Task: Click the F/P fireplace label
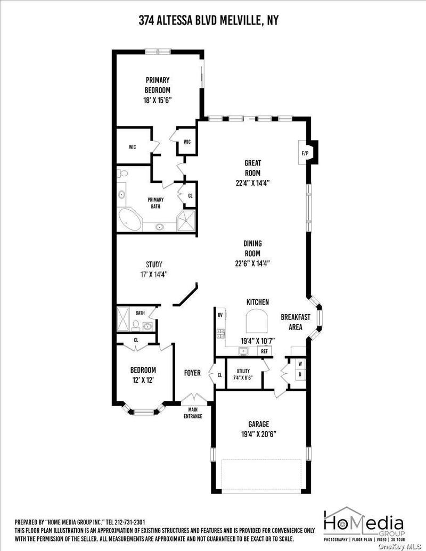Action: click(305, 153)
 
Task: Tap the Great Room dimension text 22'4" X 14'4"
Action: click(253, 183)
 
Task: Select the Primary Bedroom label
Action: click(158, 85)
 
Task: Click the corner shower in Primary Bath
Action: click(186, 221)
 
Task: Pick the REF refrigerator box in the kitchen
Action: click(264, 351)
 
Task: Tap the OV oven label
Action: click(220, 315)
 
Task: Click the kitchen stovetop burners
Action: click(221, 333)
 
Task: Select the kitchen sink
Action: click(243, 351)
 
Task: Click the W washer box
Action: click(300, 364)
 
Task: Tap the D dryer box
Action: click(300, 375)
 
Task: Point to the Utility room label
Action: click(243, 371)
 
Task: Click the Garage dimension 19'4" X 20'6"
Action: click(259, 434)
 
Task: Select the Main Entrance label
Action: click(193, 413)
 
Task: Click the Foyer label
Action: click(192, 373)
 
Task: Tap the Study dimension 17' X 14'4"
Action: click(154, 274)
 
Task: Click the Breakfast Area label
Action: click(296, 322)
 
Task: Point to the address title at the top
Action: click(208, 21)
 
